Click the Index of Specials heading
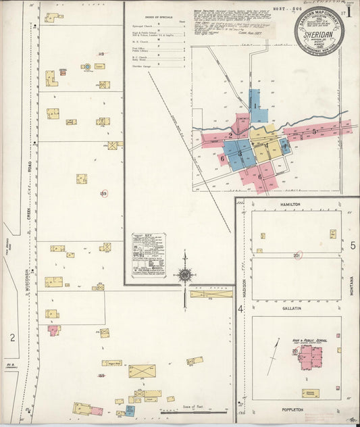[158, 16]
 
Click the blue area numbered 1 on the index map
[255, 106]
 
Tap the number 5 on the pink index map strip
[315, 130]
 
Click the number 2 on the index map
[231, 135]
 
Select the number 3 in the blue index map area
[240, 153]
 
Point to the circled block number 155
[104, 193]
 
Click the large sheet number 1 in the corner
[349, 12]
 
